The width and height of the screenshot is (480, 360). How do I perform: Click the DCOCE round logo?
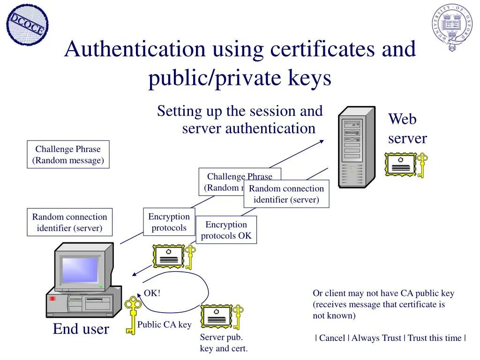pos(27,25)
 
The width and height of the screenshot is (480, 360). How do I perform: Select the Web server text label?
pos(407,129)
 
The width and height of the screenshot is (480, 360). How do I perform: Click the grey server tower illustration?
pos(357,147)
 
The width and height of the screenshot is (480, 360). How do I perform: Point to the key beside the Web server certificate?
pos(422,165)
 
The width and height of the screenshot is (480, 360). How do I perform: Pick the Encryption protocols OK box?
pos(226,230)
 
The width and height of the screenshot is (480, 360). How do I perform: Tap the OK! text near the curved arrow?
pos(152,293)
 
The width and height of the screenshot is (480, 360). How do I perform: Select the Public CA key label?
pos(164,324)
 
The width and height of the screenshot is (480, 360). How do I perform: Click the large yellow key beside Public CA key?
pos(133,315)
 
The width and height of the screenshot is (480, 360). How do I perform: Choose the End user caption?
pos(81,329)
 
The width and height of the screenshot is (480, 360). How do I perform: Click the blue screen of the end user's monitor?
pos(80,270)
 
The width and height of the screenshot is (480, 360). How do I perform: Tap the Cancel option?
pos(332,338)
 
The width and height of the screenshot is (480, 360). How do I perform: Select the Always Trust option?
pos(376,338)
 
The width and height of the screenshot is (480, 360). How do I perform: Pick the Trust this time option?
pos(434,338)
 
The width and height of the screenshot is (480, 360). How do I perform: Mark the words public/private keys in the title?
pos(240,78)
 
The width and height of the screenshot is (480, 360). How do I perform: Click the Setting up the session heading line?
pos(240,112)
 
